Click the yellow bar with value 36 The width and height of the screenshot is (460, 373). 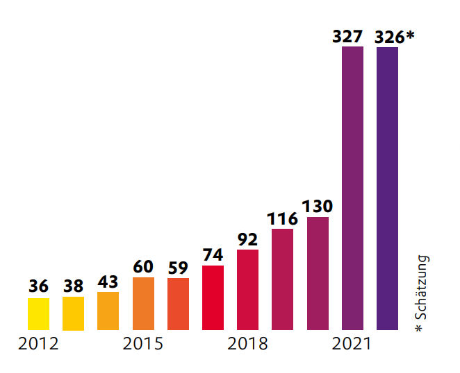(x=38, y=314)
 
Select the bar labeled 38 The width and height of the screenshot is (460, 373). (x=73, y=313)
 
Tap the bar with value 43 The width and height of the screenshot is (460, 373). (x=108, y=311)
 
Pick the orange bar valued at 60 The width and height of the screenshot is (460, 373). (x=143, y=304)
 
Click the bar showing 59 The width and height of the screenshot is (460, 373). (x=178, y=304)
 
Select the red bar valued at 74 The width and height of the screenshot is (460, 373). (x=213, y=298)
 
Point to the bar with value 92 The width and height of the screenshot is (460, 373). (x=247, y=290)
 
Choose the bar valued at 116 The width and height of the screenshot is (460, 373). (x=282, y=279)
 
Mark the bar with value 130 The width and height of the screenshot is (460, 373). (x=317, y=274)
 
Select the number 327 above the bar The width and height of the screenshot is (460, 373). (x=347, y=37)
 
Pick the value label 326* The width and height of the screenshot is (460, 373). (x=394, y=37)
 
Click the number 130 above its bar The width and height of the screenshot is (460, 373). (x=318, y=207)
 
